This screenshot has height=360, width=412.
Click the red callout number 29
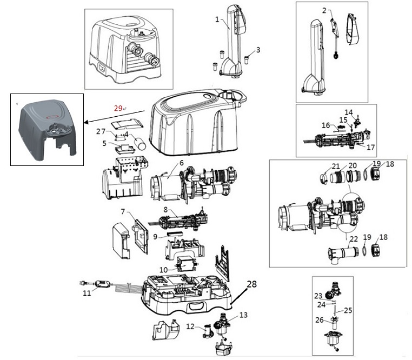pos(118,108)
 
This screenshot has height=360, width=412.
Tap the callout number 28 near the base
pos(252,284)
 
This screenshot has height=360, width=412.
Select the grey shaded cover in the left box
pos(47,130)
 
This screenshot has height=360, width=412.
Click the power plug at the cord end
pos(83,283)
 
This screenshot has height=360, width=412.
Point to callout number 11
pos(87,293)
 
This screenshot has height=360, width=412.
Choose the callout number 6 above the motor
pos(182,163)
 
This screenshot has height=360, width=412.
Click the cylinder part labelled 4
pos(140,143)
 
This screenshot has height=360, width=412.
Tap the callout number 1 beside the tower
pos(217,19)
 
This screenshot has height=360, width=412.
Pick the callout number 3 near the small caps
pos(258,49)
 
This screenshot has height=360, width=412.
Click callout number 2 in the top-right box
pos(324,10)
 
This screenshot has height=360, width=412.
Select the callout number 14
pos(349,112)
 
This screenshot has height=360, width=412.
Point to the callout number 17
pos(370,147)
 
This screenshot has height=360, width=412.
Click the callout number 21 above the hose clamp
pos(336,166)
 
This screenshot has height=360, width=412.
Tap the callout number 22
pos(354,239)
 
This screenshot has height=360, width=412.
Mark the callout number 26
pos(320,320)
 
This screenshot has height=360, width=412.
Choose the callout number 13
pos(243,315)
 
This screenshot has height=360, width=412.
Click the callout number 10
pos(163,270)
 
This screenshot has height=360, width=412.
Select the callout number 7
pos(123,211)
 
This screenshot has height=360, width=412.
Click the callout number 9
pos(155,237)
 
